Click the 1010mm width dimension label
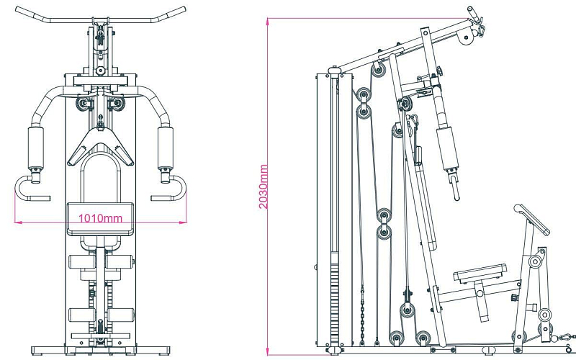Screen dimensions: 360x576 100,217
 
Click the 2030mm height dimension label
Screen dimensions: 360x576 264,186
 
